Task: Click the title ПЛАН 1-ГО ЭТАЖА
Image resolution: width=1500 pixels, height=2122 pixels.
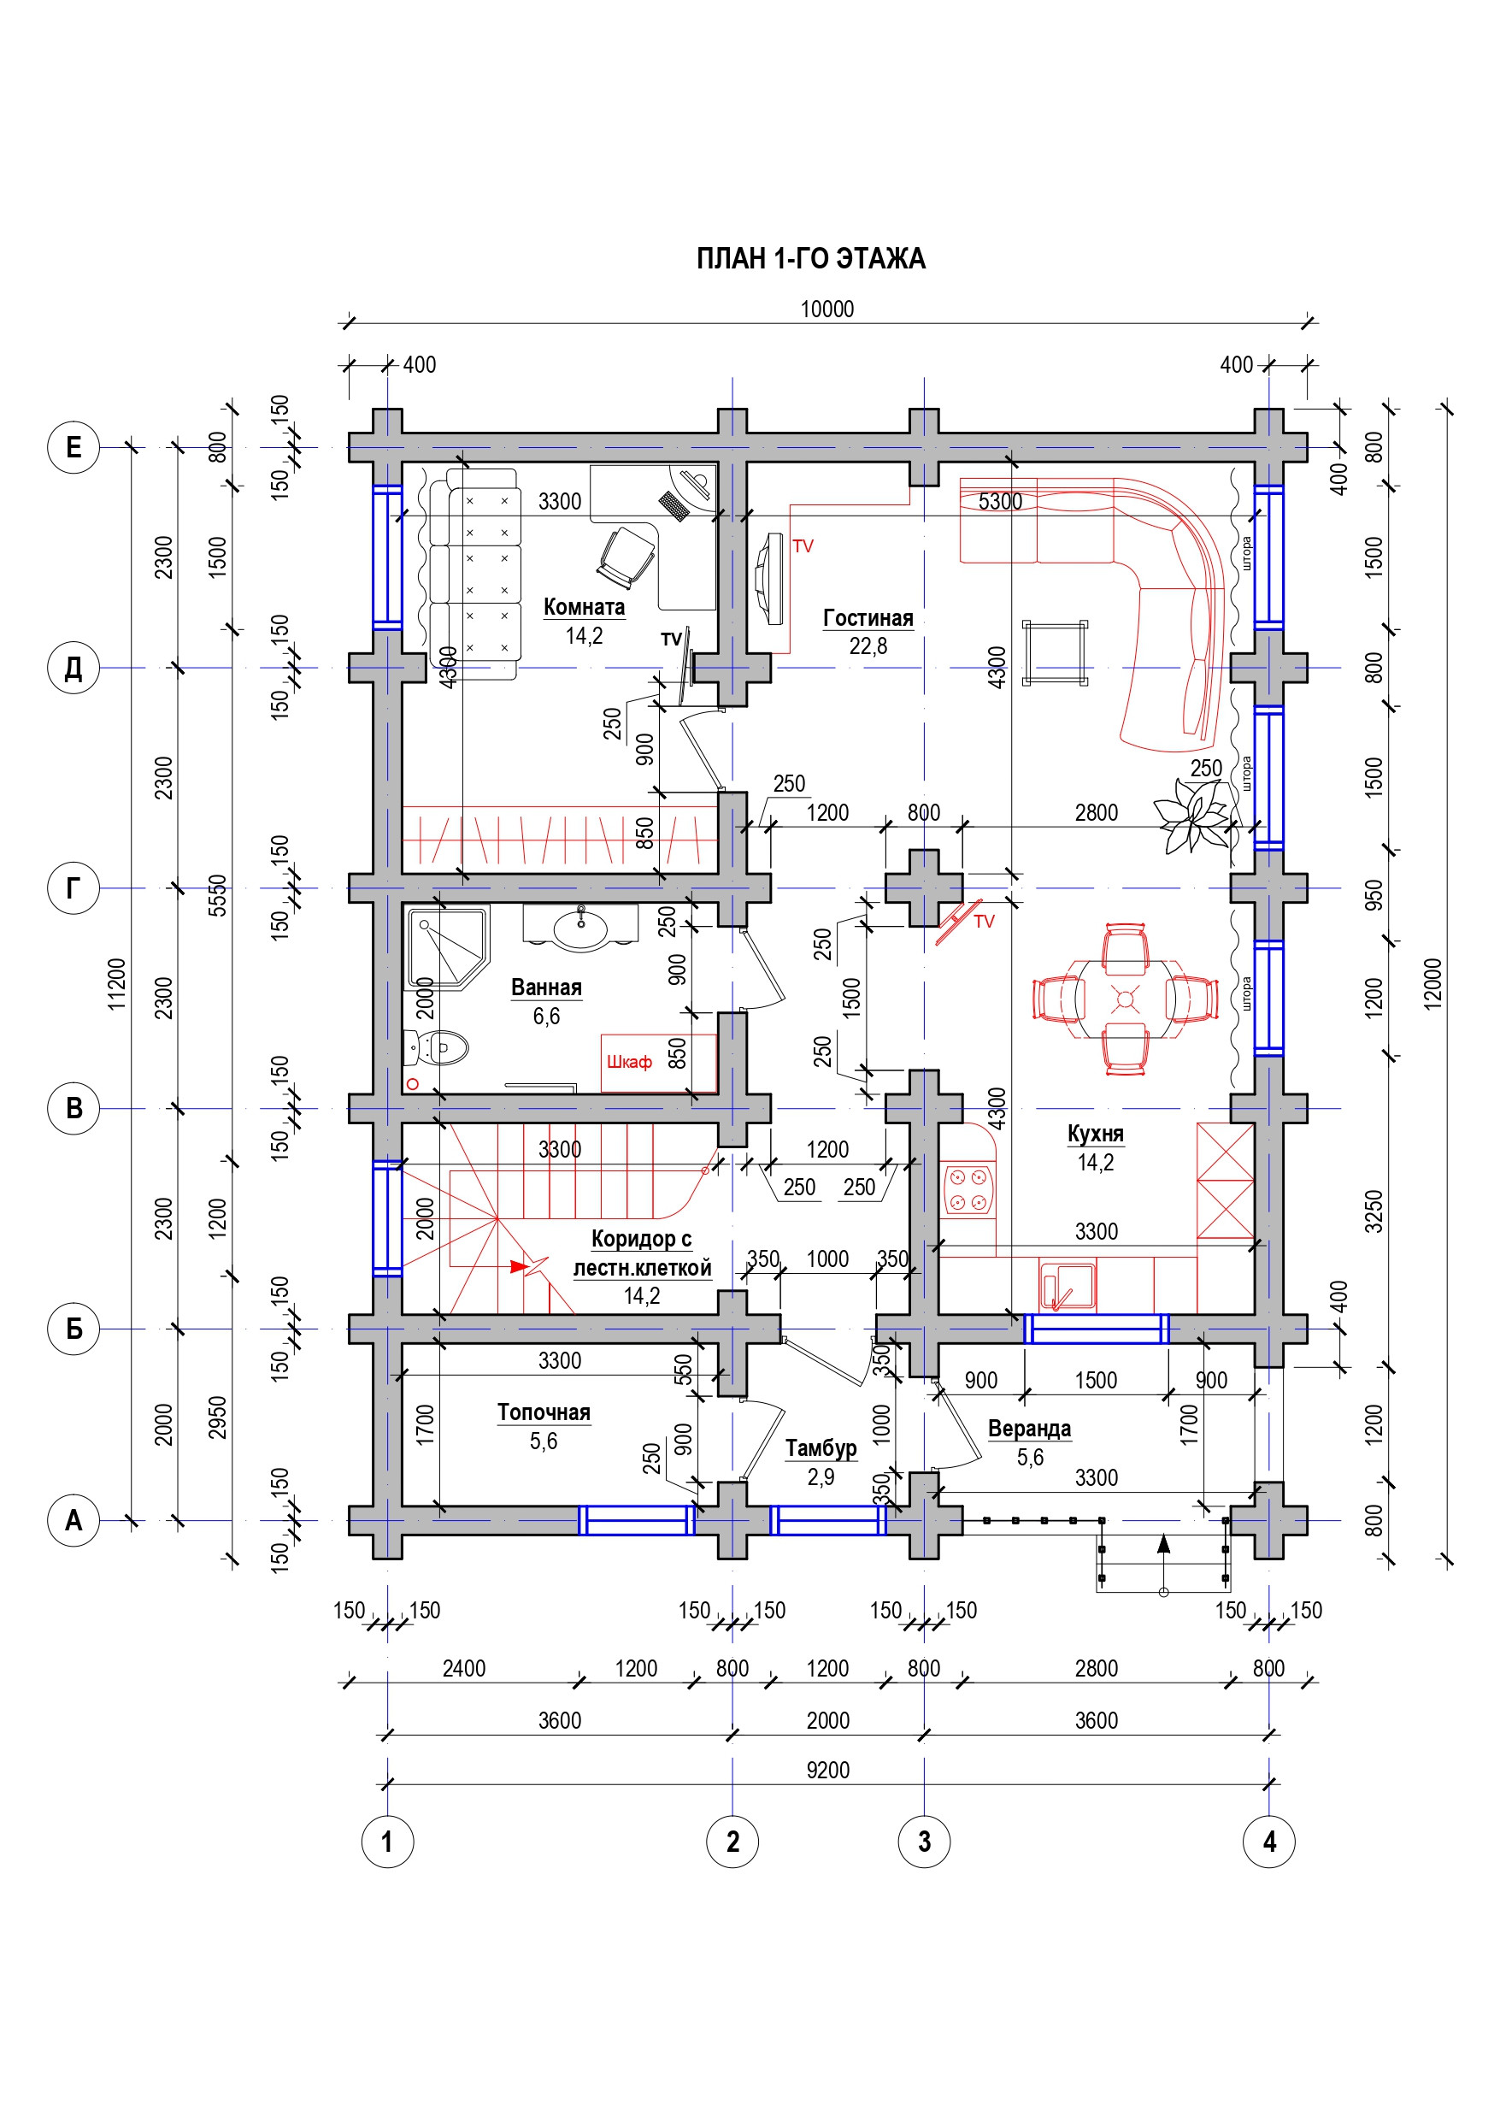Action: click(x=810, y=259)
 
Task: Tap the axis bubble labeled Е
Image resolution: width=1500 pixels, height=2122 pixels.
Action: click(x=73, y=447)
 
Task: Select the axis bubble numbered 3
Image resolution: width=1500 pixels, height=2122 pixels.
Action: click(x=923, y=1841)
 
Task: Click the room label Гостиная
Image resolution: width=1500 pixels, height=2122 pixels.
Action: click(x=868, y=618)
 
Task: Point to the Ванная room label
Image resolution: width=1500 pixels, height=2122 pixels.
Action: click(x=546, y=987)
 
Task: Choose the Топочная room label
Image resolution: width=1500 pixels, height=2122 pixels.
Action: click(x=544, y=1412)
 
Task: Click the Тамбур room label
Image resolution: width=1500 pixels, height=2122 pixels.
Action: click(x=821, y=1448)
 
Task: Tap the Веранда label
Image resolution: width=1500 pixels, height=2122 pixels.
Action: click(x=1030, y=1429)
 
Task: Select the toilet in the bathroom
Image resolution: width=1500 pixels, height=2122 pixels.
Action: click(x=437, y=1048)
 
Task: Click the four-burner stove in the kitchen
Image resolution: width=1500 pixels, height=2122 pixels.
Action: click(x=968, y=1189)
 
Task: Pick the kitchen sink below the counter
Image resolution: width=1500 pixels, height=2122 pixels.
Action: click(x=1068, y=1286)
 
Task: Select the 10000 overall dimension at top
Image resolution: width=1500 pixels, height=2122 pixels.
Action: click(x=826, y=309)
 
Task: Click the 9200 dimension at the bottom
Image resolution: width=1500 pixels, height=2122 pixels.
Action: click(x=827, y=1770)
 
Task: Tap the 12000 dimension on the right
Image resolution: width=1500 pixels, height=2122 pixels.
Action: click(x=1432, y=984)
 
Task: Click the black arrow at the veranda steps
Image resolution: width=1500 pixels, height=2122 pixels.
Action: click(x=1163, y=1543)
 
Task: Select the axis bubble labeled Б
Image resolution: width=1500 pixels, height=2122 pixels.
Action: click(x=73, y=1328)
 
